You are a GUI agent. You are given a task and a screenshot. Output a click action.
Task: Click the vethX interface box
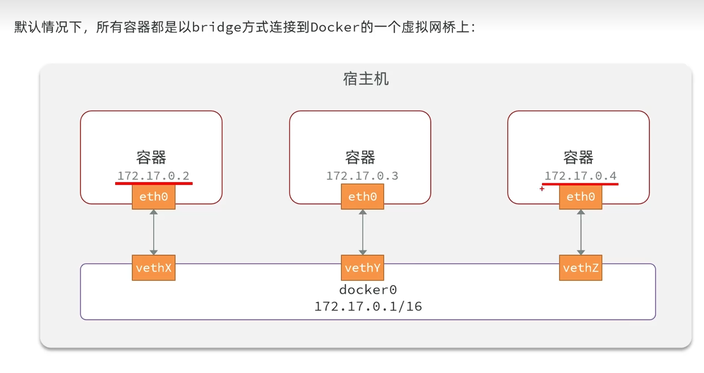(154, 268)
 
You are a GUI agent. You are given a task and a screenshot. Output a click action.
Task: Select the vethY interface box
(363, 268)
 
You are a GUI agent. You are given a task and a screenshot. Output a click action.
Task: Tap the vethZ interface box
(581, 268)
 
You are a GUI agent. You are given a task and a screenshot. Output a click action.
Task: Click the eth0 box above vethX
(154, 197)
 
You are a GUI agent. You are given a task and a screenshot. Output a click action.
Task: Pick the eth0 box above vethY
(363, 197)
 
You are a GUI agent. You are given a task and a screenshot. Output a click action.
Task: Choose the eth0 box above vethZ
(581, 197)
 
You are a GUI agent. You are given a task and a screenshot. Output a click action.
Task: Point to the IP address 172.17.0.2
(153, 176)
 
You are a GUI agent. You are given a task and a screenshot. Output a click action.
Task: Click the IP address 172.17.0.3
(362, 176)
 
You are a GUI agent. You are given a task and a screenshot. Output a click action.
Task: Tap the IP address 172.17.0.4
(580, 176)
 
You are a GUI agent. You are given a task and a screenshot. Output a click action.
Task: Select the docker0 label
(368, 290)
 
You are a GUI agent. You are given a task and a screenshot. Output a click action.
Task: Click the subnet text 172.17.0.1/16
(368, 306)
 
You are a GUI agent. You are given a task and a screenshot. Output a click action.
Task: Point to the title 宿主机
(366, 79)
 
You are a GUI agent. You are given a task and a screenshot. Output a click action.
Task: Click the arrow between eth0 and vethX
(154, 232)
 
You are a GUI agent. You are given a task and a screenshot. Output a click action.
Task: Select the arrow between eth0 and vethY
(363, 232)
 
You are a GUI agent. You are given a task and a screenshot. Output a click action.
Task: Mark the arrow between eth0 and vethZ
(581, 232)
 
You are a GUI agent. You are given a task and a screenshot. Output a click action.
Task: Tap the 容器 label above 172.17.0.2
(151, 157)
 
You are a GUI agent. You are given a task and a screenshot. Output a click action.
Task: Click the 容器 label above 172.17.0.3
(360, 157)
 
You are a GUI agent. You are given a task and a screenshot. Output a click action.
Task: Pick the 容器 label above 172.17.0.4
(578, 157)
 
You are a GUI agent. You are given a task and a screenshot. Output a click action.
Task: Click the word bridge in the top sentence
(217, 27)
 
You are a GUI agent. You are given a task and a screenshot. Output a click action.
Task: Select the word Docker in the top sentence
(335, 27)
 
